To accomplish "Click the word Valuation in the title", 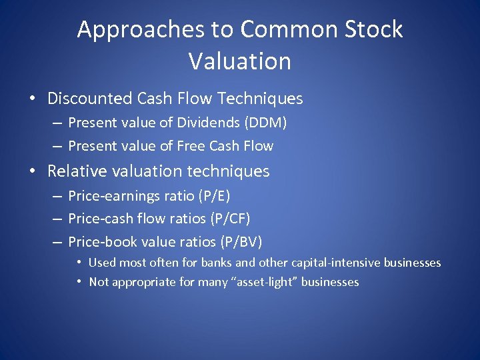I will click(240, 61).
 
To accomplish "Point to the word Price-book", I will click(99, 242).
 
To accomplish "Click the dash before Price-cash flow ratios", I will click(57, 219).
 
